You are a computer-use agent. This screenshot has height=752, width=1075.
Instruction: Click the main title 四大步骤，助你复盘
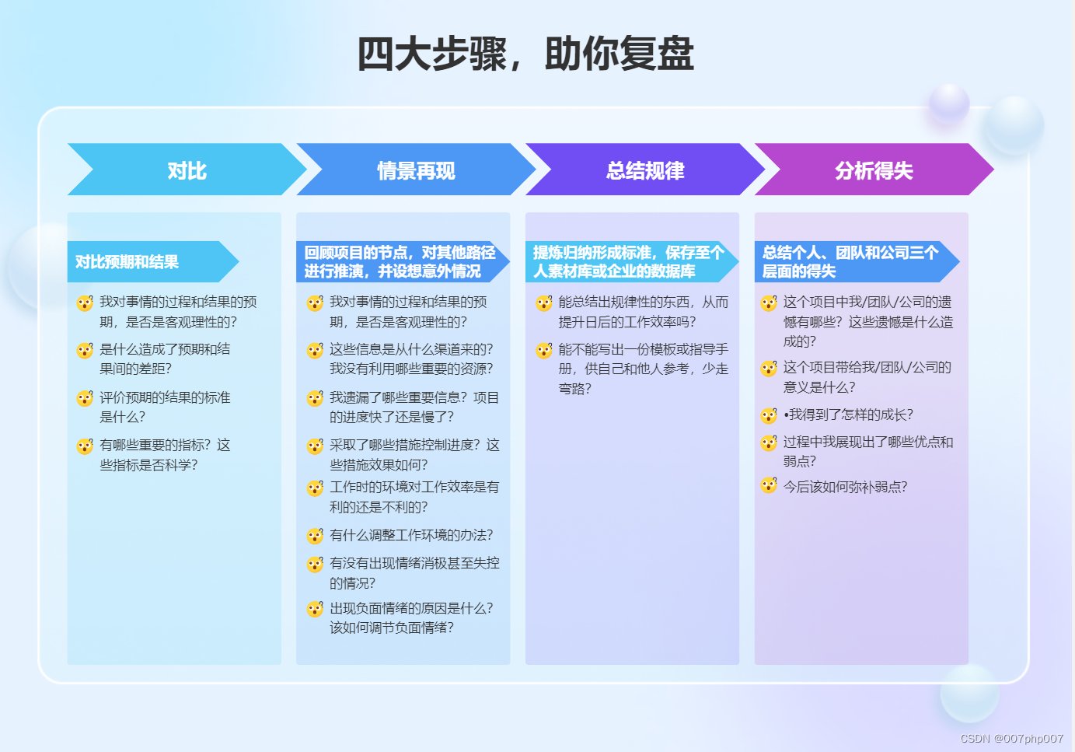coord(525,54)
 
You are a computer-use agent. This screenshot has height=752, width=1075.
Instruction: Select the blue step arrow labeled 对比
coord(187,170)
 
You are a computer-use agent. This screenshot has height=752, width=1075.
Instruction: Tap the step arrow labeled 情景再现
coord(416,170)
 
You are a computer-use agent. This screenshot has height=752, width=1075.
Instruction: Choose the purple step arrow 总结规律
coord(645,170)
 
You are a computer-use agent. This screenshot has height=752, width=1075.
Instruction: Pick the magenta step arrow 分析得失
coord(874,170)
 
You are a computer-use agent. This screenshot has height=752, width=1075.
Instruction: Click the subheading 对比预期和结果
coord(127,262)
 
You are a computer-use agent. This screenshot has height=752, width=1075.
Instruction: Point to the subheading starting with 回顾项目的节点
coord(400,262)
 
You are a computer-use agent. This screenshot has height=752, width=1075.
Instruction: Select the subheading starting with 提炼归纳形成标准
coord(628,262)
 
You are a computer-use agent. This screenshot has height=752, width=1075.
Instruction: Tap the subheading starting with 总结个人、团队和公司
coord(850,262)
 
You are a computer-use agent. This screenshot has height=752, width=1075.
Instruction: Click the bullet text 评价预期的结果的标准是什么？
coord(165,407)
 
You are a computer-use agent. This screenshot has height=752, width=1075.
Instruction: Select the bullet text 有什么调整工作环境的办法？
coord(411,535)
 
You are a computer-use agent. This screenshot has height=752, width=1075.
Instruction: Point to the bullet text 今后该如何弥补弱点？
coord(845,487)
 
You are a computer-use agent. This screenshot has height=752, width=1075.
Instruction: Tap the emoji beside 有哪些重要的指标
coord(85,446)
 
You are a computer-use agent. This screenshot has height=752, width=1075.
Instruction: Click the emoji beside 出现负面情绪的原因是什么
coord(315,609)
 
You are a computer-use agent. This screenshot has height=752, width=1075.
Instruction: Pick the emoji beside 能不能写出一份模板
coord(544,351)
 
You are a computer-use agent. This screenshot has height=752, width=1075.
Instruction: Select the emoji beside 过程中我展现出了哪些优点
coord(769,442)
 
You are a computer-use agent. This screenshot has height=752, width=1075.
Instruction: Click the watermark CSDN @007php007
coord(1011,739)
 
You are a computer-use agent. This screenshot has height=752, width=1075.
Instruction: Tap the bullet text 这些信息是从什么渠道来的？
coord(411,349)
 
